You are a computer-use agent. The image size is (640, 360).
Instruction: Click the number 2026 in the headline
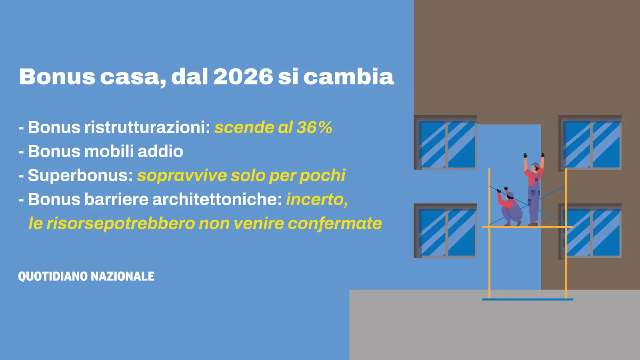pyautogui.click(x=243, y=76)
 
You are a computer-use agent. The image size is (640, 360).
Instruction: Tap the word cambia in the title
pyautogui.click(x=348, y=76)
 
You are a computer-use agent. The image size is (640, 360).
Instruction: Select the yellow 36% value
pyautogui.click(x=314, y=128)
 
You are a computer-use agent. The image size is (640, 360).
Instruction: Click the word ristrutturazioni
pyautogui.click(x=148, y=127)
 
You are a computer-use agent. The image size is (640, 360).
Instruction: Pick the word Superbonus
pyautogui.click(x=80, y=175)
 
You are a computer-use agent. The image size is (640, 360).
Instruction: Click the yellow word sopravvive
pyautogui.click(x=182, y=176)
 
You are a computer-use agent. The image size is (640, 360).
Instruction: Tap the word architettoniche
pyautogui.click(x=217, y=199)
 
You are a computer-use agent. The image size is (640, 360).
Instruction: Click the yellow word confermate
pyautogui.click(x=335, y=224)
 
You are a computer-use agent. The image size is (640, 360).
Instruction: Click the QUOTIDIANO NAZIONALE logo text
pyautogui.click(x=86, y=276)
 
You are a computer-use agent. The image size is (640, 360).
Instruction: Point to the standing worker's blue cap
pyautogui.click(x=535, y=165)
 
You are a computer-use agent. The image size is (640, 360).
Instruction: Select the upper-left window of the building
pyautogui.click(x=446, y=142)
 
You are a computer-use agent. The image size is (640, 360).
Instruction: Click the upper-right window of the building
pyautogui.click(x=590, y=142)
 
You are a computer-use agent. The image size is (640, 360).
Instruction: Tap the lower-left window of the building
pyautogui.click(x=446, y=230)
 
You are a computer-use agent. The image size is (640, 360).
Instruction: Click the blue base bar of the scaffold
pyautogui.click(x=528, y=300)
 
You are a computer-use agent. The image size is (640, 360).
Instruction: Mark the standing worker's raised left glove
pyautogui.click(x=526, y=156)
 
